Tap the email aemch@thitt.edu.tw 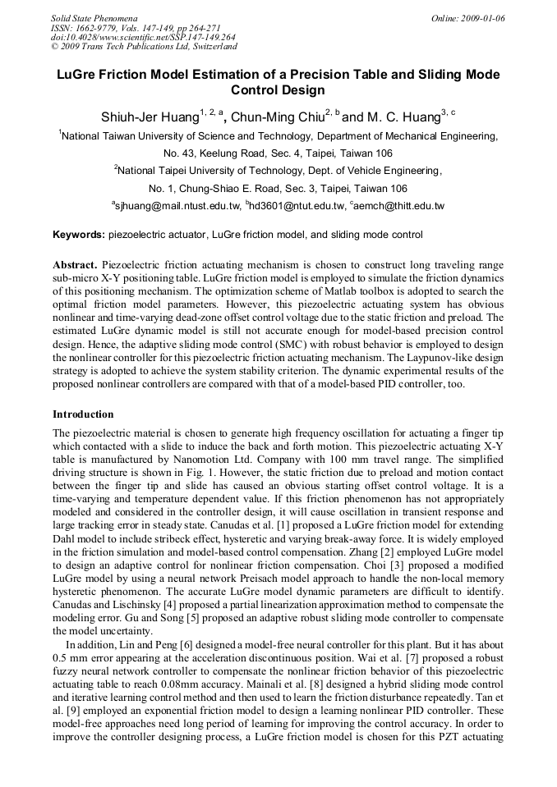click(x=399, y=206)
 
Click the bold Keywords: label click(x=79, y=236)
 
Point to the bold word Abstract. click(x=76, y=265)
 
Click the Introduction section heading click(x=83, y=414)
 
